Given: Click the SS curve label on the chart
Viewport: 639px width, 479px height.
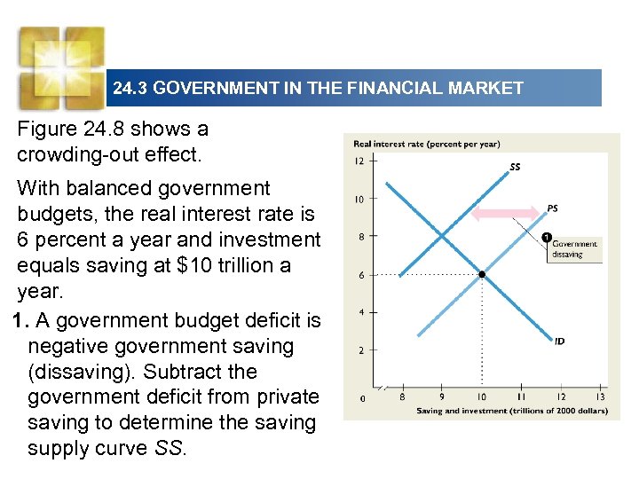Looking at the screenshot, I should pyautogui.click(x=515, y=166).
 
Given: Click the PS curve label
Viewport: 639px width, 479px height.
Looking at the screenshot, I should pyautogui.click(x=552, y=208).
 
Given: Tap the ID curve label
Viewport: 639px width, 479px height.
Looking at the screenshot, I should pyautogui.click(x=560, y=340).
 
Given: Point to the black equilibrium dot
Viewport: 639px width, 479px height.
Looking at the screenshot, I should pyautogui.click(x=481, y=275).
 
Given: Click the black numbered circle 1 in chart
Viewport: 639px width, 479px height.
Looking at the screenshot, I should pyautogui.click(x=547, y=236).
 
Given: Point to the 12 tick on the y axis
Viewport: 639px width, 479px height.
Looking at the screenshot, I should pyautogui.click(x=360, y=161).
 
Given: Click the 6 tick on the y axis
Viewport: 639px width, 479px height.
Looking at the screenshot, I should pyautogui.click(x=360, y=276).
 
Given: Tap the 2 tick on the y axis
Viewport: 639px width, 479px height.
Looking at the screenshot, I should pyautogui.click(x=360, y=350).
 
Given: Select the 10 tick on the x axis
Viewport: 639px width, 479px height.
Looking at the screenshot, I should pyautogui.click(x=481, y=397).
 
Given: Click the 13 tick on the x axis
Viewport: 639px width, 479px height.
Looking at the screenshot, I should pyautogui.click(x=601, y=397).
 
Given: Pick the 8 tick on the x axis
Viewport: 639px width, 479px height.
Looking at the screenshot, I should pyautogui.click(x=402, y=397).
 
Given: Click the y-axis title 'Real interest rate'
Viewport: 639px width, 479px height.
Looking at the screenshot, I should pyautogui.click(x=426, y=144).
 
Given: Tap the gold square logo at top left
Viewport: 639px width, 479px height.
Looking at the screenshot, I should pyautogui.click(x=60, y=65).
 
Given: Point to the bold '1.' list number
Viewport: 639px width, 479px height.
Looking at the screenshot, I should pyautogui.click(x=24, y=320).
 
